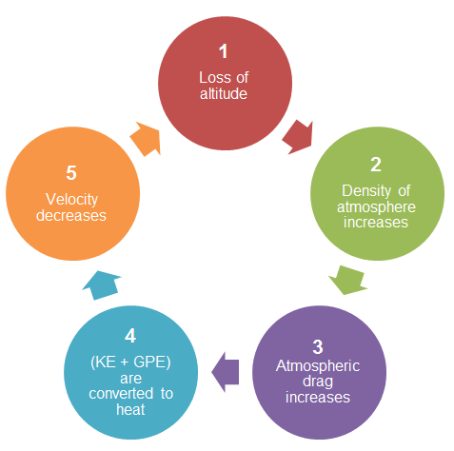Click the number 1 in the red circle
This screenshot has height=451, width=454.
coord(224,51)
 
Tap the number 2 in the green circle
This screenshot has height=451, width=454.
coord(376,165)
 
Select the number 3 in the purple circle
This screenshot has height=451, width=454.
coord(318,346)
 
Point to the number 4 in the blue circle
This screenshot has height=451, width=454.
coord(130,336)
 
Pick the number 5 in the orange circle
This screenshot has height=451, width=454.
coord(71,173)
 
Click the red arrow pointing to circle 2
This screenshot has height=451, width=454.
coord(298,137)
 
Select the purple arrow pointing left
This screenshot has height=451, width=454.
coord(226,372)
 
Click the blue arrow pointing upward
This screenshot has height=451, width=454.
coord(102,285)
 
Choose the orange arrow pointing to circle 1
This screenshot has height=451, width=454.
coord(146,139)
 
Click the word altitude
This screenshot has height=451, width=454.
coord(224,94)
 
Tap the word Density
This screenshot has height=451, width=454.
coord(366,191)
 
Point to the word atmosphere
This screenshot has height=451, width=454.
coord(376,207)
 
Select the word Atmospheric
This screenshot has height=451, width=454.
coord(318,366)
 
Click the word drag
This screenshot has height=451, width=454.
coord(318,382)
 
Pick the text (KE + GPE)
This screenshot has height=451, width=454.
coord(130,363)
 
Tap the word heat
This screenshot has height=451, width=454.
coord(130,409)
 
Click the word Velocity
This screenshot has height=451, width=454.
coord(71,200)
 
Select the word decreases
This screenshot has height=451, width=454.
coord(71,215)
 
